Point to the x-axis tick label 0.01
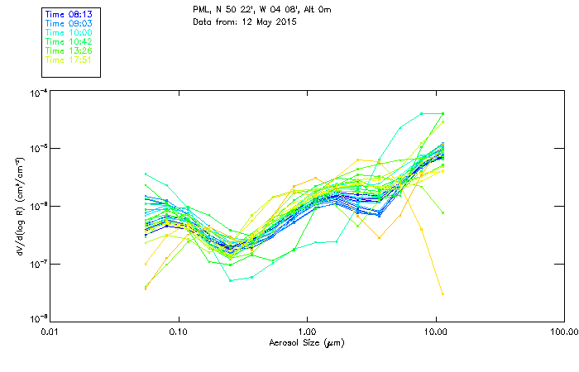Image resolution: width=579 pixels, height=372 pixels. click(x=50, y=332)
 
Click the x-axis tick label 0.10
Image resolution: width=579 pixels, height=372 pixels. click(x=179, y=332)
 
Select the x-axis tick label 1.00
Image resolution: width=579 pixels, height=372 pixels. click(x=307, y=332)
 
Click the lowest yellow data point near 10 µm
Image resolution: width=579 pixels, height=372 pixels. click(x=443, y=293)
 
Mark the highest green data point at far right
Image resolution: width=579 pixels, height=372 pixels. click(x=443, y=114)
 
